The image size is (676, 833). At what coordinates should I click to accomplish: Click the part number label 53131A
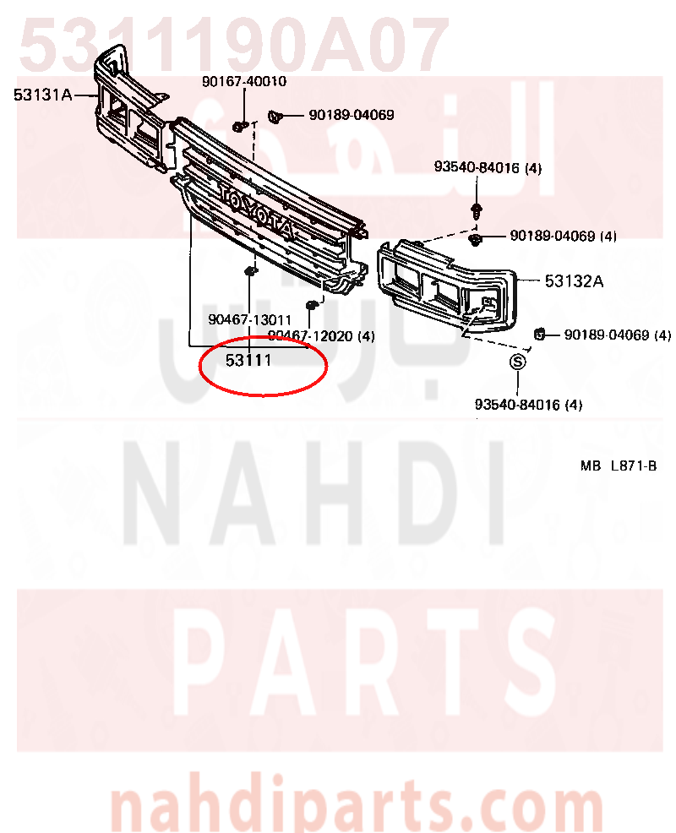tap(42, 95)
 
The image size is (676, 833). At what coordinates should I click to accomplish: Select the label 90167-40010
tap(244, 81)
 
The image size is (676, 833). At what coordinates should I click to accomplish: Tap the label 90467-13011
tap(250, 320)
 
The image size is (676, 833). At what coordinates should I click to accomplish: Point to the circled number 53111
tap(248, 360)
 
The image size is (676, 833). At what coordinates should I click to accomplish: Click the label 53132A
tap(574, 281)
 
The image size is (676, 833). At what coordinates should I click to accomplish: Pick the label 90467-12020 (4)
tap(321, 335)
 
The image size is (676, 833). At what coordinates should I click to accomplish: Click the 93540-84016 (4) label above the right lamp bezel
tap(488, 168)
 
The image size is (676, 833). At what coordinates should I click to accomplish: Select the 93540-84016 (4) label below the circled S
tap(528, 405)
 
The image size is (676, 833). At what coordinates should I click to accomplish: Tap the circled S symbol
tap(518, 362)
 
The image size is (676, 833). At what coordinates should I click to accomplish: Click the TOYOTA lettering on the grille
tap(257, 211)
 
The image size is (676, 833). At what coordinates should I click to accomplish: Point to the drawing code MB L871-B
tap(619, 465)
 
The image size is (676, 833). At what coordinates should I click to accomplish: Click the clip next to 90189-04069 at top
tap(275, 116)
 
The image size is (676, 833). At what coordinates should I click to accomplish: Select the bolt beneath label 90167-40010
tap(240, 127)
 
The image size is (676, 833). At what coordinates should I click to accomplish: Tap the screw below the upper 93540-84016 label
tap(477, 210)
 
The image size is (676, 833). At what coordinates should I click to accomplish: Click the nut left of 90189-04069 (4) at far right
tap(539, 335)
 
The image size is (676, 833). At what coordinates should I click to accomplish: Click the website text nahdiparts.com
tap(357, 807)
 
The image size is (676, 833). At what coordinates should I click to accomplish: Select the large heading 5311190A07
tap(234, 44)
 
